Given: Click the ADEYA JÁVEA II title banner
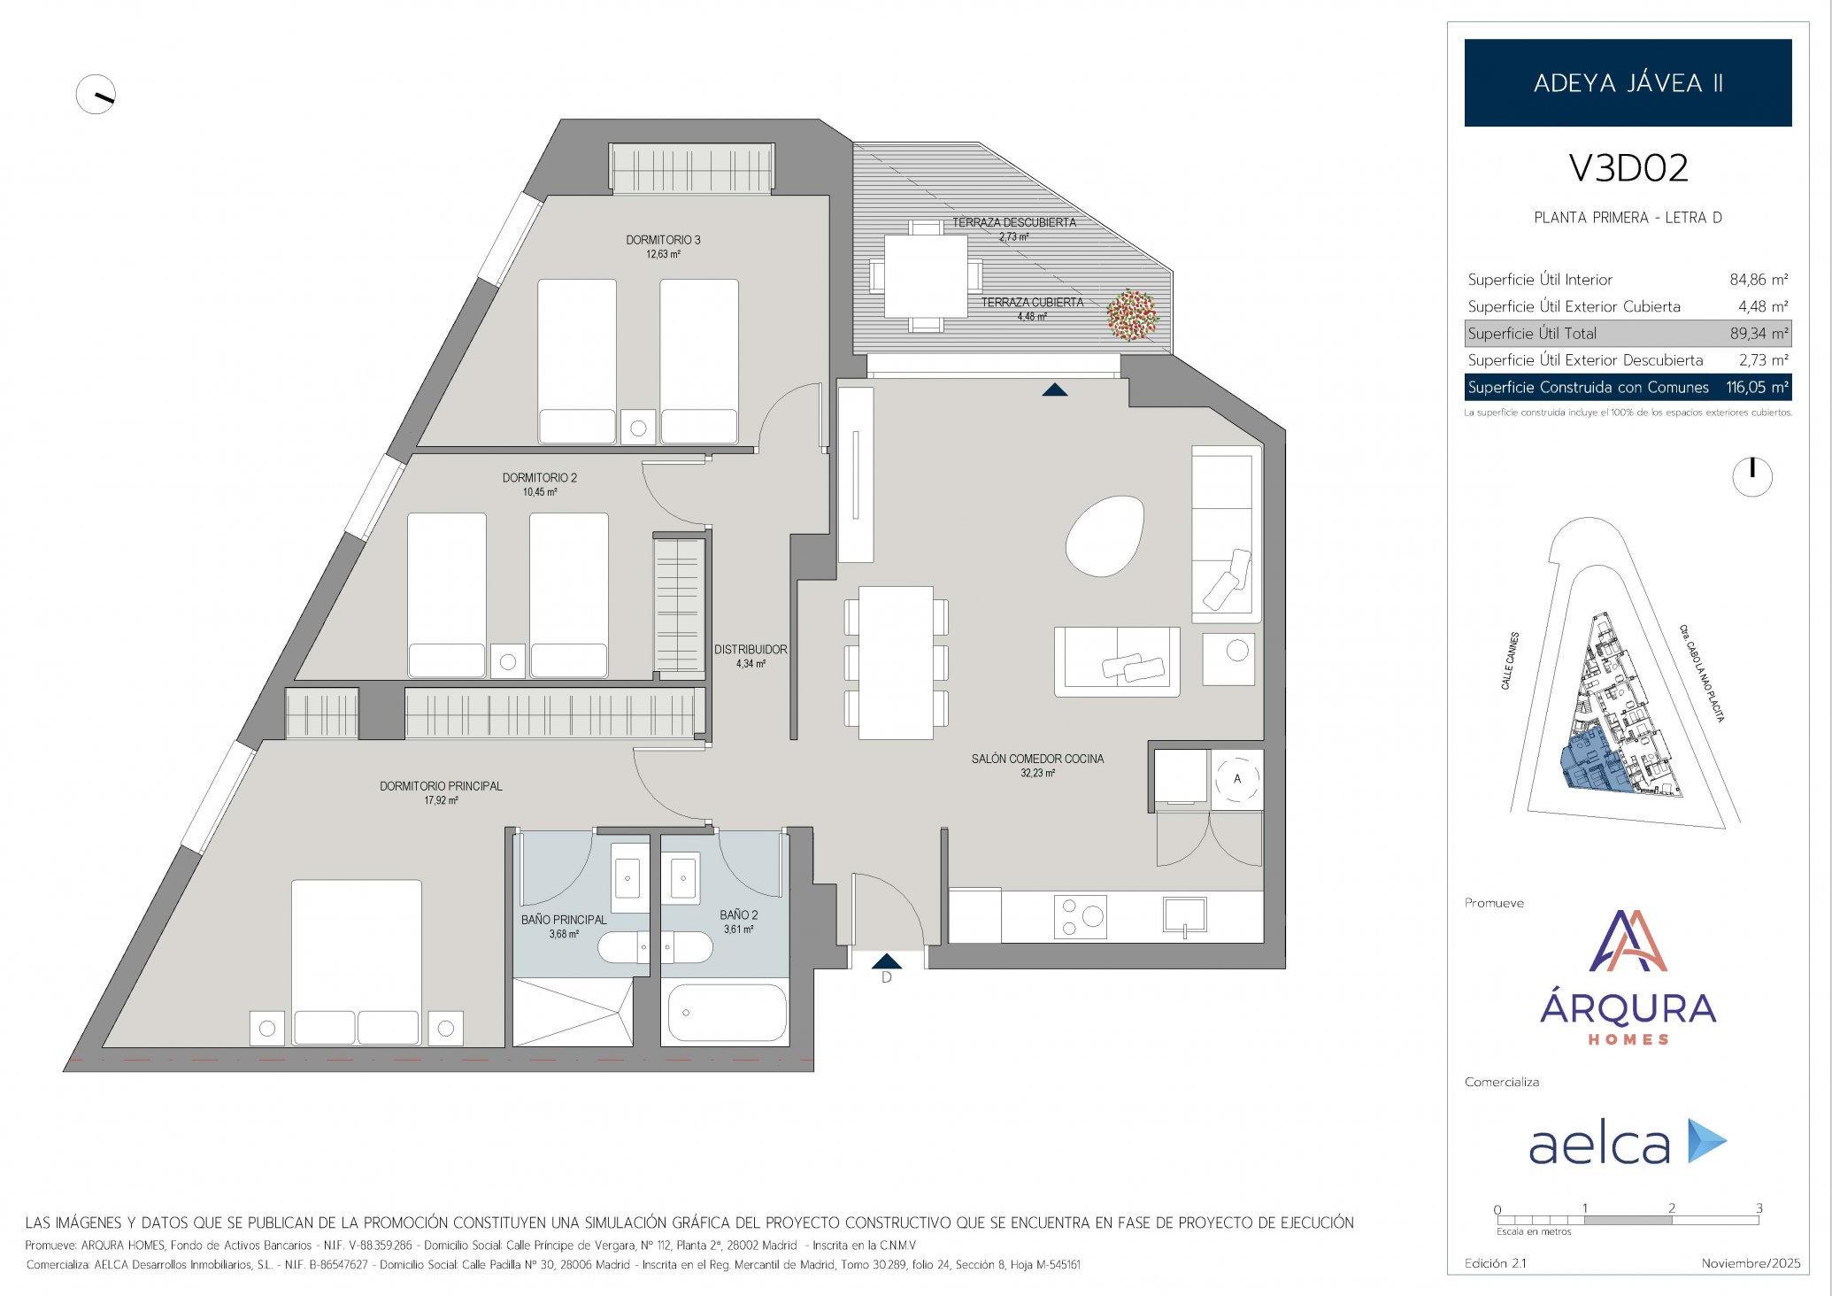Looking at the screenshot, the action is pos(1628,82).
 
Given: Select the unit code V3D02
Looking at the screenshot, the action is pos(1628,168).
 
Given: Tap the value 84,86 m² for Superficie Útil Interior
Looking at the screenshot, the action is pos(1759,280).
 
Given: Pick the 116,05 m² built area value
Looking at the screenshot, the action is pos(1757,387).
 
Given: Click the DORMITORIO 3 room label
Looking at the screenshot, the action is pos(663,240).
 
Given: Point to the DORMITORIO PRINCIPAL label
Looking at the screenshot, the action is pos(441,786).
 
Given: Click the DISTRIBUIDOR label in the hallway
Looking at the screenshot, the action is pos(751,650).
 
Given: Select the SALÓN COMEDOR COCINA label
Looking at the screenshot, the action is pos(1037,759).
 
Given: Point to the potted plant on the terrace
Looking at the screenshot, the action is pos(1131,315).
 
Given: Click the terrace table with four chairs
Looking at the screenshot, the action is pos(926,275).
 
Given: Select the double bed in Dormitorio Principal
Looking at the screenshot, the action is pos(357,962).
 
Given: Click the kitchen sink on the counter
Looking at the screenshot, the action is pos(1184,916).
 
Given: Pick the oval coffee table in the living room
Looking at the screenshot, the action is pos(1105,536).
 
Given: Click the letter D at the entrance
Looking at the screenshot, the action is pos(886,978).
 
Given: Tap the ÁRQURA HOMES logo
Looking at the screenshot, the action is pos(1628,978).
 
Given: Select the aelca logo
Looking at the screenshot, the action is pos(1628,1142).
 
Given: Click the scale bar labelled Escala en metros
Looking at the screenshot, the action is pos(1628,1220).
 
